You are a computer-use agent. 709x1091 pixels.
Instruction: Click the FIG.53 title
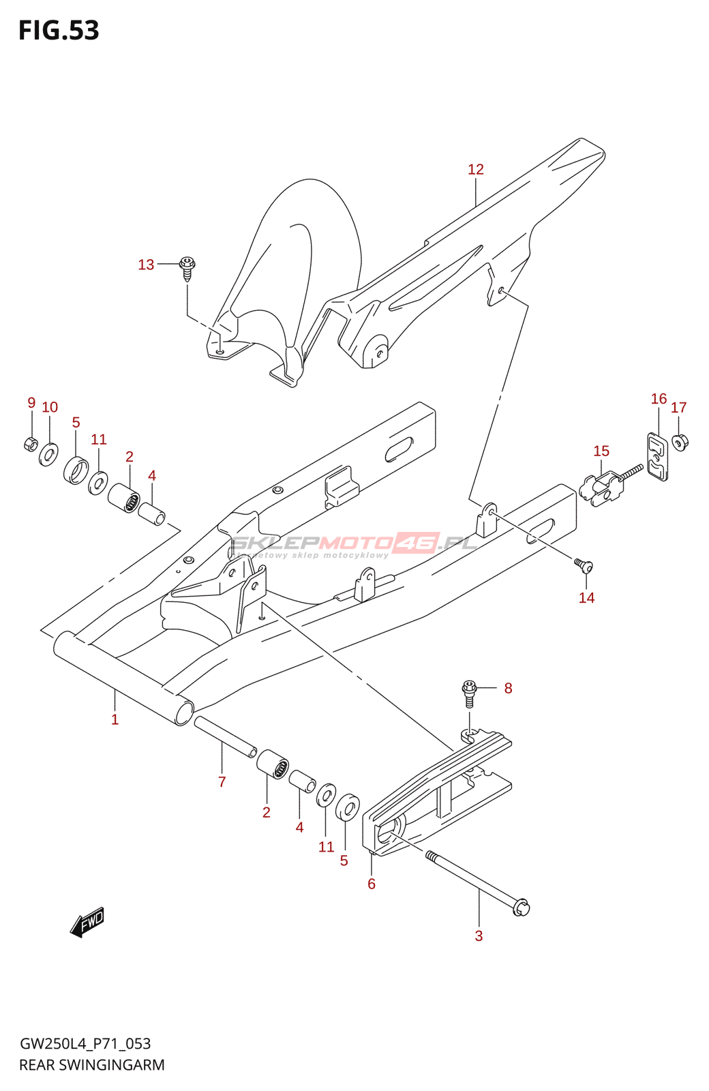tap(59, 31)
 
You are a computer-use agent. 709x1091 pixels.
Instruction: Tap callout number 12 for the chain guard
tap(475, 169)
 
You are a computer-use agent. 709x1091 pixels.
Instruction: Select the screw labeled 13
tap(187, 267)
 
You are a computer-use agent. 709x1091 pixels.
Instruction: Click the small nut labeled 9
tap(31, 444)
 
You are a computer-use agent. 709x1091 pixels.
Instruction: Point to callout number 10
tap(50, 407)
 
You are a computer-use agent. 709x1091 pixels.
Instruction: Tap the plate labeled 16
tap(657, 455)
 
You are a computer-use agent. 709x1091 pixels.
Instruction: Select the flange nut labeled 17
tap(679, 442)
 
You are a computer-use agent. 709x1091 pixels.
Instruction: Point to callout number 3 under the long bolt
tap(479, 936)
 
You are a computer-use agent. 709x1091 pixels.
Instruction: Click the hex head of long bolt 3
tap(521, 908)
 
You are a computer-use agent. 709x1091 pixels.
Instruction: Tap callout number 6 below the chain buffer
tap(372, 884)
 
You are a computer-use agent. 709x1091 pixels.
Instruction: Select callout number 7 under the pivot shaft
tap(222, 781)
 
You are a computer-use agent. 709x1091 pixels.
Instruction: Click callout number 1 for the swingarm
tap(115, 719)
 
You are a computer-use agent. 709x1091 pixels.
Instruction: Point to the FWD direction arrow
tap(87, 922)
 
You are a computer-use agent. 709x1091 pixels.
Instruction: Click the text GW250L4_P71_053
tap(85, 1043)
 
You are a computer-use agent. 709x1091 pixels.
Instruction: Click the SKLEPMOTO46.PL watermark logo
tap(354, 543)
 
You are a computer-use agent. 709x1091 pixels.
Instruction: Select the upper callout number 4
tap(152, 475)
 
